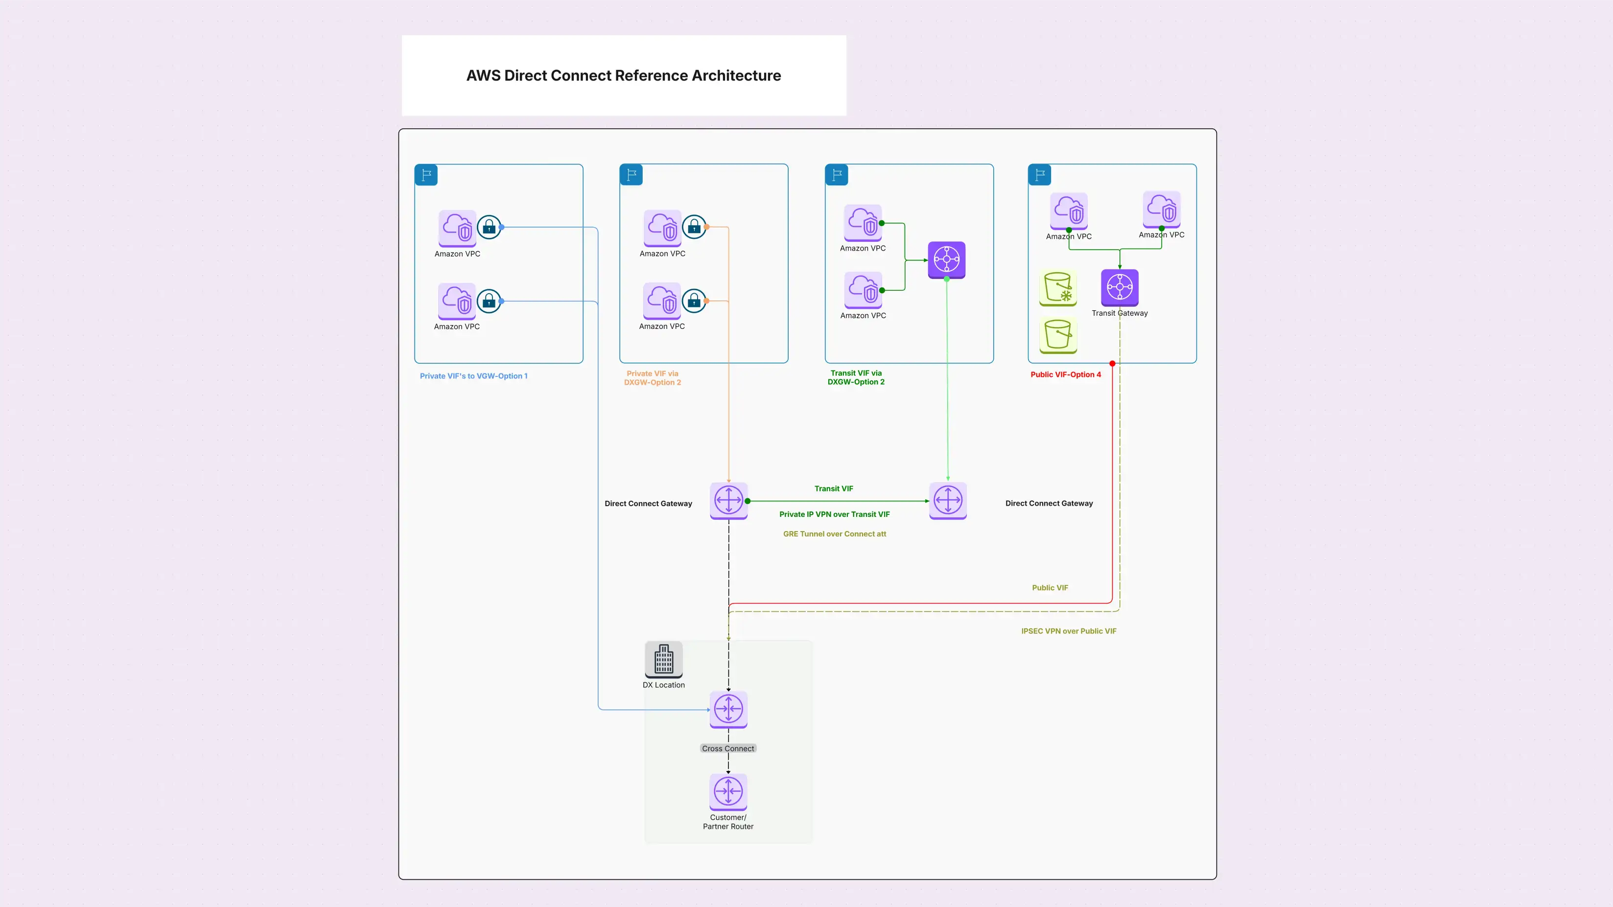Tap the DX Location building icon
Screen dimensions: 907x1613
pos(664,659)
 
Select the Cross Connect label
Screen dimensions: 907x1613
pos(727,748)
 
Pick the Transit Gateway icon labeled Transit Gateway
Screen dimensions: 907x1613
pos(1120,287)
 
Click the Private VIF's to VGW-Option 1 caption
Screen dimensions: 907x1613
pos(473,376)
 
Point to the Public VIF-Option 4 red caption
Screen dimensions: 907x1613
pos(1065,375)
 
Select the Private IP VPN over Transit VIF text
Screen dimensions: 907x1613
pos(834,514)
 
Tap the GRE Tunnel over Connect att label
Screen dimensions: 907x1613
pos(834,534)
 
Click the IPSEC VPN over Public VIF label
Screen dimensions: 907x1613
pos(1068,631)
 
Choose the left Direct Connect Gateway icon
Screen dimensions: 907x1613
pos(728,500)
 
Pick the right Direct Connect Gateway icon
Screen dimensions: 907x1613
pos(947,500)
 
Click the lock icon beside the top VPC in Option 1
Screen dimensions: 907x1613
pos(489,227)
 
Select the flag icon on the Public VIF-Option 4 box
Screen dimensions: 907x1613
pos(1039,175)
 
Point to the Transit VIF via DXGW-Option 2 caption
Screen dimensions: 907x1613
pos(856,377)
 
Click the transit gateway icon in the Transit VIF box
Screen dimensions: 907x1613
pos(946,259)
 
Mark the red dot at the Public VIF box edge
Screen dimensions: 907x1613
pos(1112,364)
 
